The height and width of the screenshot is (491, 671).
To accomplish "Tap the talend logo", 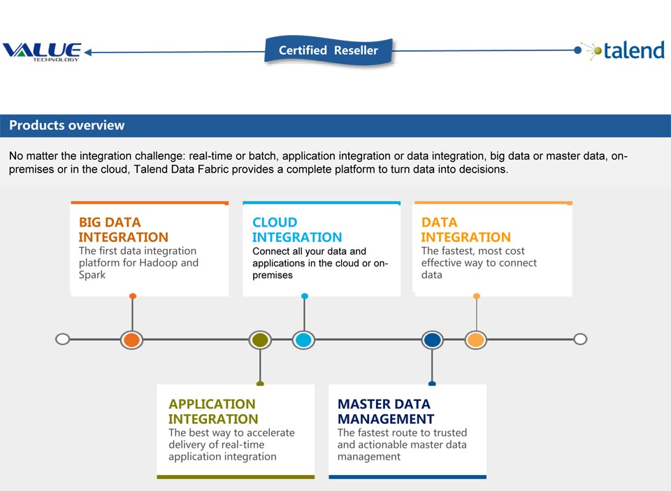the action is click(x=626, y=50).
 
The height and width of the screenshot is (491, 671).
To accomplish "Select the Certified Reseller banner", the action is click(x=329, y=50).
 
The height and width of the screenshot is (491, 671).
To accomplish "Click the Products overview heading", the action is click(x=67, y=125).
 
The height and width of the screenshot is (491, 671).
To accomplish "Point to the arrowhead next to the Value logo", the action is click(x=88, y=52).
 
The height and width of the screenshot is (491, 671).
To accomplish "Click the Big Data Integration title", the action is click(x=123, y=229).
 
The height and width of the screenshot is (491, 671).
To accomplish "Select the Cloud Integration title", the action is click(x=297, y=229).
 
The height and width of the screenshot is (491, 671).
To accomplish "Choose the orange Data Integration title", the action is click(x=466, y=229).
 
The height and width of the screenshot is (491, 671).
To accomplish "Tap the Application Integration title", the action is click(x=213, y=411).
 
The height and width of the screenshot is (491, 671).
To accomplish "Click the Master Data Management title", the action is click(x=386, y=411).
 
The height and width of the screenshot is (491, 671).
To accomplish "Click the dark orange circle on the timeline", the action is click(x=131, y=340).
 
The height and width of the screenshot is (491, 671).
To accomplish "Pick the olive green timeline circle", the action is click(x=260, y=340).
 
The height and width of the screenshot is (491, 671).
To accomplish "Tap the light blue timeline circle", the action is click(x=303, y=340).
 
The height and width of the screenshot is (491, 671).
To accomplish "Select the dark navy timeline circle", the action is click(x=432, y=340).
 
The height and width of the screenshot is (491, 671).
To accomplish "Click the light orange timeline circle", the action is click(x=476, y=340).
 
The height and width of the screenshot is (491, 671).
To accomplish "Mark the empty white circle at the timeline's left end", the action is click(x=62, y=339).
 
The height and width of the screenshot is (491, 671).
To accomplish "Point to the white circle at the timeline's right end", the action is click(x=580, y=339).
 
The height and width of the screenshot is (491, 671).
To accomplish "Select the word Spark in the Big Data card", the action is click(x=92, y=275).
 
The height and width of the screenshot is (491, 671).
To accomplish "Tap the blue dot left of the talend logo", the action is click(x=578, y=50).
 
